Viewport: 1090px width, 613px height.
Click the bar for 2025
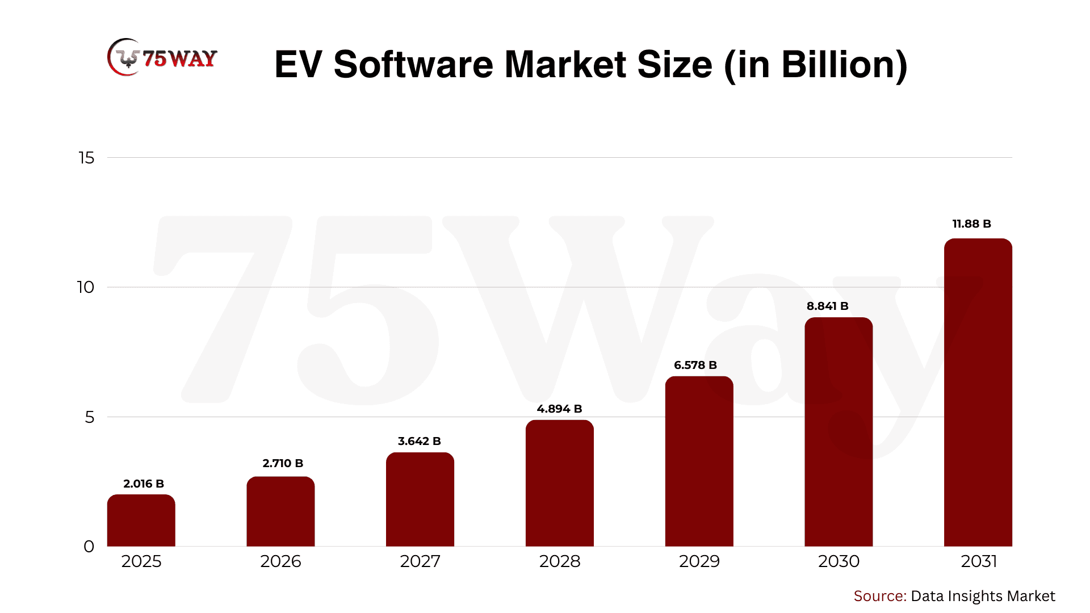pos(141,520)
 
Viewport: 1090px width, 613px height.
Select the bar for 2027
pos(420,499)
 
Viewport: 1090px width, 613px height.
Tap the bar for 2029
pos(699,461)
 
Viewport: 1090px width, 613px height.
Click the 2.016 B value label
pos(144,484)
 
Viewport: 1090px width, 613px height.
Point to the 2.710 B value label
pos(283,463)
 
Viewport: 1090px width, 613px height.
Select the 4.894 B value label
pos(559,409)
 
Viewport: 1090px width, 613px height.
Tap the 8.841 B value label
pos(827,306)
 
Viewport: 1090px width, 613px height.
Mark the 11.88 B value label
pos(971,224)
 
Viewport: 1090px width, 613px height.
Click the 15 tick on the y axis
pos(86,158)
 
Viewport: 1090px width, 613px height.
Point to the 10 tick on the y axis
pos(86,287)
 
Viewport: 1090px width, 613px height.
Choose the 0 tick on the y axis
pos(89,547)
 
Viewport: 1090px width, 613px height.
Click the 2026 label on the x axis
pos(280,561)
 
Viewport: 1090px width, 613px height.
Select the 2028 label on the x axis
pos(559,561)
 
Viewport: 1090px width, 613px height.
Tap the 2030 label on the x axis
pos(839,561)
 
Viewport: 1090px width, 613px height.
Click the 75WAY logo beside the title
pos(162,58)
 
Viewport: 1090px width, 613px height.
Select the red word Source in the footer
pos(879,596)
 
